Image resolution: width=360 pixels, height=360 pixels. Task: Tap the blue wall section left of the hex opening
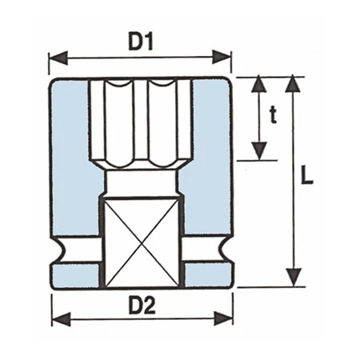69,136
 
